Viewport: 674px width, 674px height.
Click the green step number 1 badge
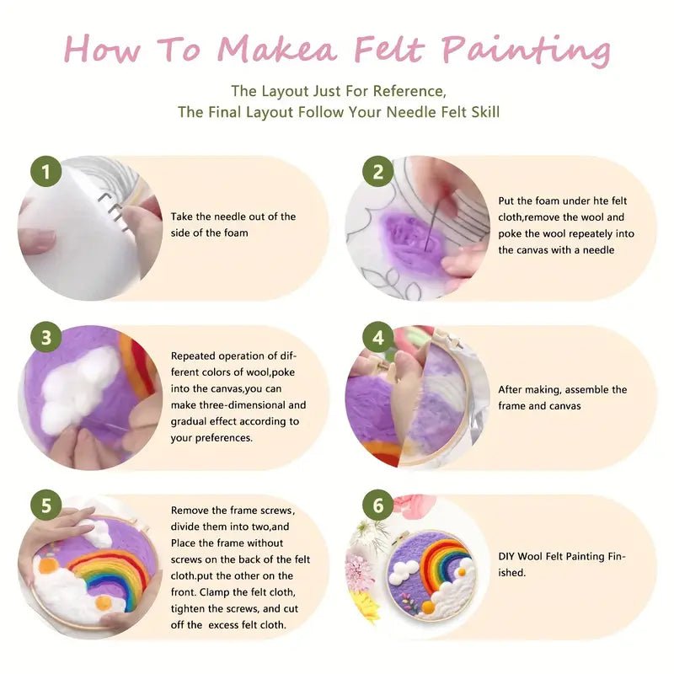pos(45,172)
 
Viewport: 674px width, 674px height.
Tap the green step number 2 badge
pos(378,172)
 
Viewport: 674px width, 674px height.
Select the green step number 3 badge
pos(45,338)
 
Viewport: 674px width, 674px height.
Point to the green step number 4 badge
pos(378,338)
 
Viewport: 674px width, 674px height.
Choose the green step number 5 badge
pos(45,506)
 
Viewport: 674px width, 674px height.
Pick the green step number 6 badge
pos(378,506)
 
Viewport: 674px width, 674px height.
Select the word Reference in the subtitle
pos(406,90)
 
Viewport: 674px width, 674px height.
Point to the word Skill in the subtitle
pos(482,112)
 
